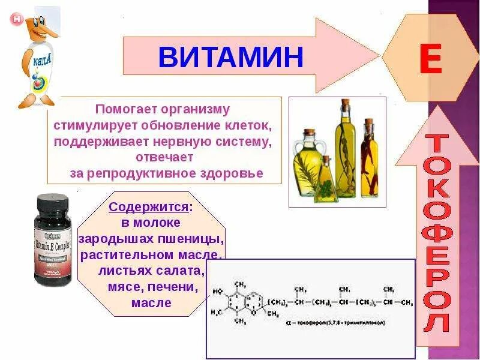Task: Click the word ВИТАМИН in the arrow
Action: (231, 57)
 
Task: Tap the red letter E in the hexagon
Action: (430, 60)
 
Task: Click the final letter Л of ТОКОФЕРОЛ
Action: (436, 322)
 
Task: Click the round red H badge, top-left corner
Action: (17, 19)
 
